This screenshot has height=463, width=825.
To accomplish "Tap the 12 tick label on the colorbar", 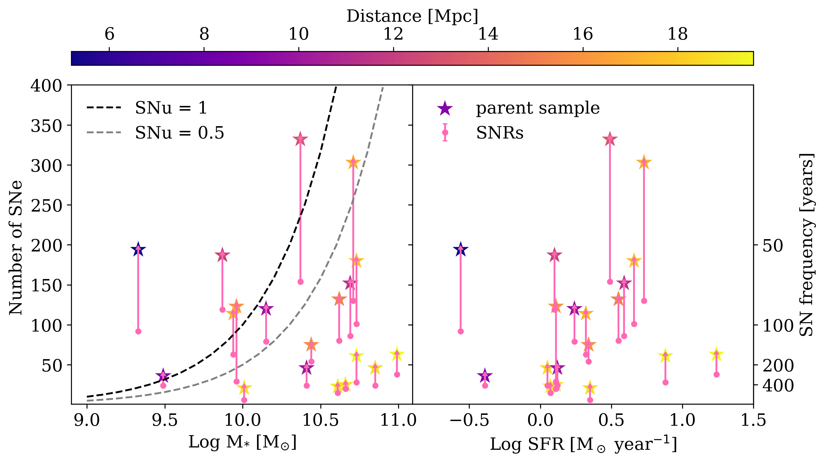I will click(x=393, y=34).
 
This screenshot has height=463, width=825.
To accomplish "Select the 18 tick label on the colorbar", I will click(x=678, y=34).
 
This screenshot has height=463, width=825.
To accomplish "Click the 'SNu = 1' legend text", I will click(x=171, y=108).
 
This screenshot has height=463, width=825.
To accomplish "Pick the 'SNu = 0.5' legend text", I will click(x=179, y=133).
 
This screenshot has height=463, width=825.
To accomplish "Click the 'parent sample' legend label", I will click(x=538, y=108).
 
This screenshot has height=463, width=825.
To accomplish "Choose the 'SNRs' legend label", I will click(x=500, y=133).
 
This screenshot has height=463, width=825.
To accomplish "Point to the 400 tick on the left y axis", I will click(x=46, y=86).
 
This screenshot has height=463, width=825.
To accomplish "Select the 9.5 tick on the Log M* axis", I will click(x=165, y=420).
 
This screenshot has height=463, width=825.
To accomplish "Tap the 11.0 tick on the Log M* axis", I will click(x=398, y=420).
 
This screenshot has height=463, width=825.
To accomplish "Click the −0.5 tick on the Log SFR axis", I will click(x=469, y=420).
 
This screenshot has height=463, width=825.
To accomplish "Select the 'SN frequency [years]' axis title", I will click(x=806, y=245).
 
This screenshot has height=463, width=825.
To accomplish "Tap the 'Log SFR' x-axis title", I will click(x=583, y=445).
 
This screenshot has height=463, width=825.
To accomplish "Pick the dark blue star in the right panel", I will click(x=461, y=249).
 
